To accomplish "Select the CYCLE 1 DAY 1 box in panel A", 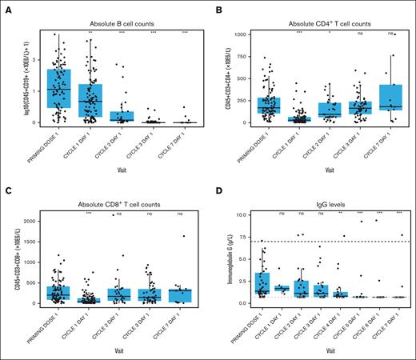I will click(x=89, y=100).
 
